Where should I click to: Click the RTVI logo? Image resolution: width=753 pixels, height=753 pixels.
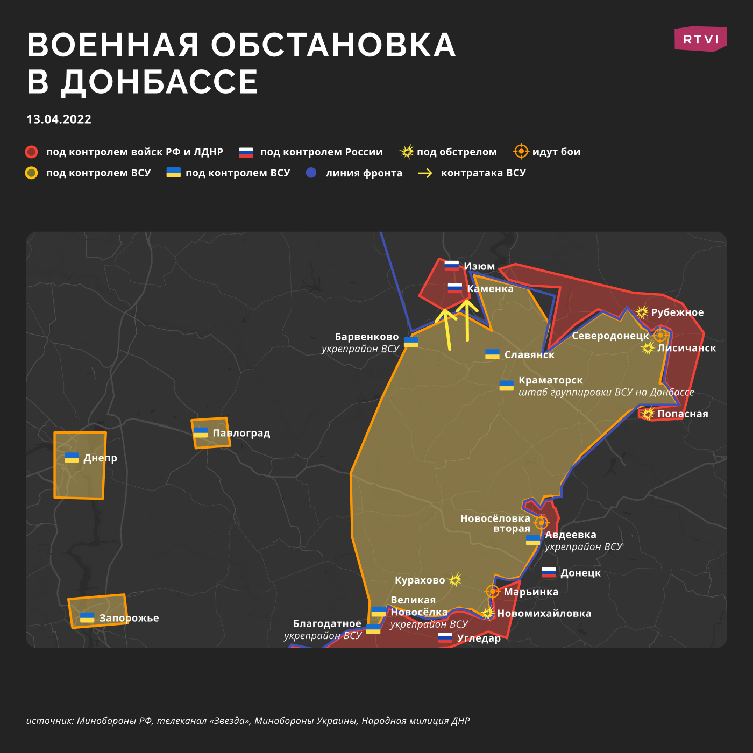coord(700,39)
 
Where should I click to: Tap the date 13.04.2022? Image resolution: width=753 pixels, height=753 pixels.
coord(59,119)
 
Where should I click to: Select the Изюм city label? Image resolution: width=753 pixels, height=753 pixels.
coord(479,266)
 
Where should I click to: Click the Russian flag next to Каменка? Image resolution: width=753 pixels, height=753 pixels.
coord(455,288)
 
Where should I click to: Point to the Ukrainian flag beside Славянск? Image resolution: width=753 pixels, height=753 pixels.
coord(492,354)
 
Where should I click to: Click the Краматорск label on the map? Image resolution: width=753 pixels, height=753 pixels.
coord(550,380)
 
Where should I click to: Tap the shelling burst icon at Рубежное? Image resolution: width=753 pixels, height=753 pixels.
coord(642,312)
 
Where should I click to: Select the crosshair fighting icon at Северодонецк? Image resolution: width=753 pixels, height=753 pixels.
coord(660,335)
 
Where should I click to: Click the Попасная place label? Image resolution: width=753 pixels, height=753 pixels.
coord(683,414)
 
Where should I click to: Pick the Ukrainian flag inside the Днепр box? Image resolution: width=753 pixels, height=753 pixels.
coord(72,458)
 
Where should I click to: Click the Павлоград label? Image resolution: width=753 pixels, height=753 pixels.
coord(241,433)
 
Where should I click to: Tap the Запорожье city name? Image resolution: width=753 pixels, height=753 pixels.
coord(129,618)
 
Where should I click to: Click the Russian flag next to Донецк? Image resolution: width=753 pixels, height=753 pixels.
coord(549,573)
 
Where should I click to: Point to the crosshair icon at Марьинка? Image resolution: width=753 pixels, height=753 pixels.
coord(493,592)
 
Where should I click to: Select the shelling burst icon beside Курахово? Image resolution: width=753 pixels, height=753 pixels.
coord(455,580)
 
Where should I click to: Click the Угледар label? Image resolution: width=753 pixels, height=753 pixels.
coord(479,638)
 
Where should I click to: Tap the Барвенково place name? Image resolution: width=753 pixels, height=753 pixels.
coord(367,337)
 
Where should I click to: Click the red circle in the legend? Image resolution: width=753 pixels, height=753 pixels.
coord(32,152)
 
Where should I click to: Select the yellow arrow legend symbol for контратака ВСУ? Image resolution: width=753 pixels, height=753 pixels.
coord(425,173)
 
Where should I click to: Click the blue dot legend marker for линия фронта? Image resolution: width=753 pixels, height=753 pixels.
coord(311,173)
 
